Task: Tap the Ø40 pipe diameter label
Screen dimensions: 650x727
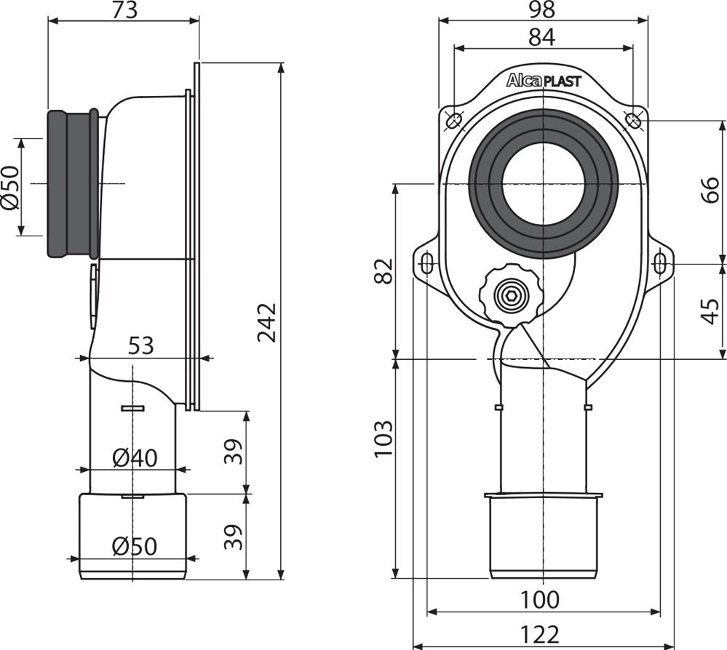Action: click(x=135, y=458)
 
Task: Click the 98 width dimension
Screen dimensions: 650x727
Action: click(x=542, y=9)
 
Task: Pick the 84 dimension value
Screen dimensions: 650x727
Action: click(x=542, y=36)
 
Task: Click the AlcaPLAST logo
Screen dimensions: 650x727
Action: click(x=544, y=81)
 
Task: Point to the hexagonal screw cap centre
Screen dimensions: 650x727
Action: click(x=510, y=296)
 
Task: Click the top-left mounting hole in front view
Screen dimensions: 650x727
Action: click(x=454, y=119)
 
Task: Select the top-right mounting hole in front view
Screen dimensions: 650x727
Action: click(x=632, y=119)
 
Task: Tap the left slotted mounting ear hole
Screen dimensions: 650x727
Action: click(x=428, y=262)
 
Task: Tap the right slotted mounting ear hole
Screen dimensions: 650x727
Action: click(x=659, y=262)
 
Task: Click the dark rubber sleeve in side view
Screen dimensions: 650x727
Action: click(x=72, y=183)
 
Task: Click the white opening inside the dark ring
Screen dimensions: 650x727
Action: click(x=543, y=183)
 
